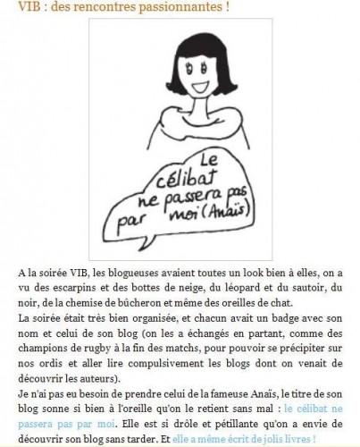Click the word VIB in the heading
[14, 7]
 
